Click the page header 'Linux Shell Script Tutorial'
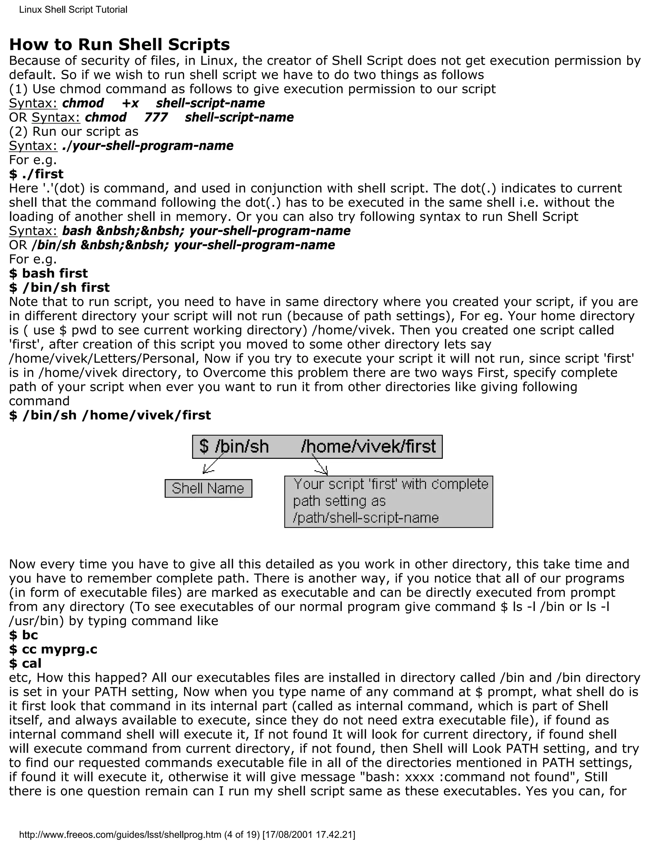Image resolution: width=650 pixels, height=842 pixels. coord(73,10)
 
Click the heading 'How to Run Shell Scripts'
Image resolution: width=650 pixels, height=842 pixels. coord(119,45)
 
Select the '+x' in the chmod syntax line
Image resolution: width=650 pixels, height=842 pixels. coord(130,103)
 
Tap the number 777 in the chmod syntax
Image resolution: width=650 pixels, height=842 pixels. coord(156,118)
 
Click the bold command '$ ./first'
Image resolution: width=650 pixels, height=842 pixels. coord(36,174)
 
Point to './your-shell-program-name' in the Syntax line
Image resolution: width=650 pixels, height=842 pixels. coord(148,146)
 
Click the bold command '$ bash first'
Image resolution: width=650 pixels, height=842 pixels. coord(48,273)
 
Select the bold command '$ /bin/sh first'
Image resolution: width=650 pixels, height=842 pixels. coord(59,288)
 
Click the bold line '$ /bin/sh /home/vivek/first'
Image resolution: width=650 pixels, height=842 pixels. coord(110,415)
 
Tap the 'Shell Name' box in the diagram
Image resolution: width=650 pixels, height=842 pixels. coord(208,488)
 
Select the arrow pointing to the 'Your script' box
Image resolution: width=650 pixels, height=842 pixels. coord(320,465)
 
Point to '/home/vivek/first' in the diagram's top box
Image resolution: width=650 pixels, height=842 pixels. coord(368,446)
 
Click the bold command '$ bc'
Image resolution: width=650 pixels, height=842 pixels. coord(23,635)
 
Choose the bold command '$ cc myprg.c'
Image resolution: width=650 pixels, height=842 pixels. coord(53,649)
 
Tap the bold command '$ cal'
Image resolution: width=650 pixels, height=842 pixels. coord(25,663)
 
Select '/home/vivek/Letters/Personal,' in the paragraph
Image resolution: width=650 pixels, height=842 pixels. coord(104,358)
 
